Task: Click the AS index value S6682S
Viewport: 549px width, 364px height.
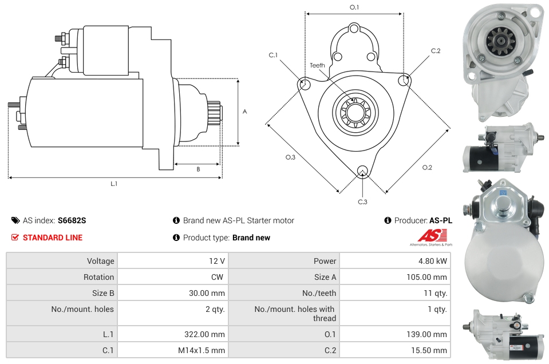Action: tap(72, 220)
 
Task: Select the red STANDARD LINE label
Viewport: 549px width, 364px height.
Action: tap(52, 238)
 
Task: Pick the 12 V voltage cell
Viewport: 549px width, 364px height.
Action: tap(216, 261)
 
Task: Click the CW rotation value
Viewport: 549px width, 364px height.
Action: tap(219, 277)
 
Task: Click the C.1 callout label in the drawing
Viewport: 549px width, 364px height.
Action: tap(273, 55)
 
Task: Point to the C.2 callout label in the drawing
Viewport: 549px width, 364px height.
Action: tap(436, 51)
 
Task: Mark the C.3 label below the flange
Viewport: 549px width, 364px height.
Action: tap(362, 202)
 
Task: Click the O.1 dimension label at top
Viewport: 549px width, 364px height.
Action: tap(354, 7)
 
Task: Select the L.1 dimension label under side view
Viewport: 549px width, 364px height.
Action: tap(114, 184)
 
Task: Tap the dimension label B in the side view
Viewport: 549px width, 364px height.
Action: tap(198, 169)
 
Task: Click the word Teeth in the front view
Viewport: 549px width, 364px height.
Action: tap(317, 65)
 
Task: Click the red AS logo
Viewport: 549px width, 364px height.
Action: tap(428, 235)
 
